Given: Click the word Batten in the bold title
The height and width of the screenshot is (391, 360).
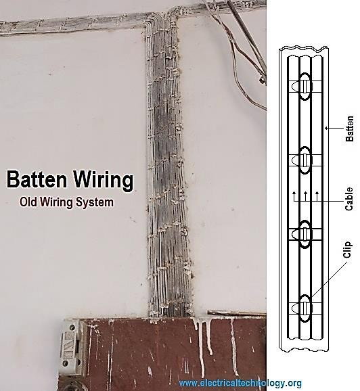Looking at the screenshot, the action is [x=37, y=179].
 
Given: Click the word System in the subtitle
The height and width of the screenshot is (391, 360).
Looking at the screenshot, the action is [x=95, y=202].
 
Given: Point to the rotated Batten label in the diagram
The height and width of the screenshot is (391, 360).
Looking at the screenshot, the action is [x=350, y=129].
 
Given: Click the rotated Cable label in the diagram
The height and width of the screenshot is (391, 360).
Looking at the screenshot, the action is [x=349, y=199].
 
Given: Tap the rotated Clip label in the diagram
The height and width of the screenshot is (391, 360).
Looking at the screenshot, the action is [x=347, y=250].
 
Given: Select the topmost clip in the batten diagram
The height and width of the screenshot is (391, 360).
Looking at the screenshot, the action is [x=305, y=87].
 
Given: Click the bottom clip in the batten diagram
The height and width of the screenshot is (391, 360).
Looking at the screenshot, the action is [x=305, y=308].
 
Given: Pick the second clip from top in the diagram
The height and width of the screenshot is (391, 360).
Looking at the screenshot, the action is [x=305, y=160].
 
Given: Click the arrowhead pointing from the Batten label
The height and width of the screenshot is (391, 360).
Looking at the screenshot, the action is [x=327, y=128].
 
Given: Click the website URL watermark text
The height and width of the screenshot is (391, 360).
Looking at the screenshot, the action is [x=240, y=383].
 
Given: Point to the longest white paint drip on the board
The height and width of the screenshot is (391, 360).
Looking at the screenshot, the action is [x=202, y=349].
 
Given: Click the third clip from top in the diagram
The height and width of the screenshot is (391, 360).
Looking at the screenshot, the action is [x=305, y=234].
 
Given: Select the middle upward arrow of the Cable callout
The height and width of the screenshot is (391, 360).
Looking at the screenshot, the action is [x=306, y=196].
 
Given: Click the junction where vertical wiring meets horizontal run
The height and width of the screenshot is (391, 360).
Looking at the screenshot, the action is [x=162, y=19].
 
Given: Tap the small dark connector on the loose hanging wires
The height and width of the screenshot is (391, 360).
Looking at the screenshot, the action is [x=262, y=80].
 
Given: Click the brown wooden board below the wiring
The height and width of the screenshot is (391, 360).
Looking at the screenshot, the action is [x=175, y=354].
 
